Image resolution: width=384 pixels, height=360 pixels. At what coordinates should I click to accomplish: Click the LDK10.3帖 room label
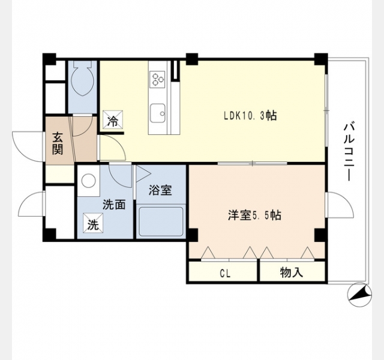click(251, 116)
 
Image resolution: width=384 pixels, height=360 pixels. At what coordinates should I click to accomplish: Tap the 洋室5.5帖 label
click(254, 215)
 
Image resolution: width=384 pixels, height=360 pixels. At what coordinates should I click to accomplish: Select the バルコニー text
click(350, 152)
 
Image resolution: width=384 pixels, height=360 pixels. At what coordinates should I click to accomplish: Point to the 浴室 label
click(160, 190)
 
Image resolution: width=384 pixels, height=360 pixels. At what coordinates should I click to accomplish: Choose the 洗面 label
click(114, 205)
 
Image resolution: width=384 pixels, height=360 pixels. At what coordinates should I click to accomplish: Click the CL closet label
click(225, 274)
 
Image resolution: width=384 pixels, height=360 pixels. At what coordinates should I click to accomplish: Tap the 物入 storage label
click(292, 272)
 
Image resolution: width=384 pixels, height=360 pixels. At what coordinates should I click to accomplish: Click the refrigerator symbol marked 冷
click(113, 119)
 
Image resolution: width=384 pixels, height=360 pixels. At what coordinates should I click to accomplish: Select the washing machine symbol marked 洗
click(93, 223)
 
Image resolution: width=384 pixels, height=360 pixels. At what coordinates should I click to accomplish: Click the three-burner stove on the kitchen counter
click(157, 79)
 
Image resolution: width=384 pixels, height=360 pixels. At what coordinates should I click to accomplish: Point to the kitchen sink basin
click(157, 113)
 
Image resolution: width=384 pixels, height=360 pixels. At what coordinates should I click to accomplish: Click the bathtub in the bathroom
click(161, 221)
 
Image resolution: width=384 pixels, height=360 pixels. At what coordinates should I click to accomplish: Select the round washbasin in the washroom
click(88, 181)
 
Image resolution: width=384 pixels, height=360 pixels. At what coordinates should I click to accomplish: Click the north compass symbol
click(359, 295)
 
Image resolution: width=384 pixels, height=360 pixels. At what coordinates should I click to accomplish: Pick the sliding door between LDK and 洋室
click(252, 163)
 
